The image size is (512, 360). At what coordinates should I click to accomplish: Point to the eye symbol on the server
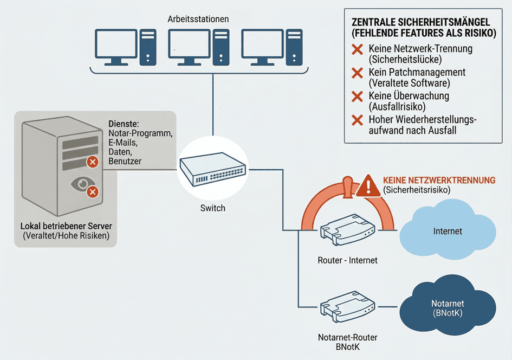81,184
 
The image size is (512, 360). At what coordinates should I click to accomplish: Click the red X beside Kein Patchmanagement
357,73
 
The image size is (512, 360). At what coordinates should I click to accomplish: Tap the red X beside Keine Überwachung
357,97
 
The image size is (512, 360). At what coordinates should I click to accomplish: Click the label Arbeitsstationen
198,19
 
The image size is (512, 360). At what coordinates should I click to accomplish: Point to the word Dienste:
124,124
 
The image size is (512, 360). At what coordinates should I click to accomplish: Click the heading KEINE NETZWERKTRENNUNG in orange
439,180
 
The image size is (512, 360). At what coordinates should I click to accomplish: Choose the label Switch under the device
212,208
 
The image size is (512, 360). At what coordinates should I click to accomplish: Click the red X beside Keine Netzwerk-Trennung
357,49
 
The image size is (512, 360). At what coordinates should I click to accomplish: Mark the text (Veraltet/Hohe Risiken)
65,236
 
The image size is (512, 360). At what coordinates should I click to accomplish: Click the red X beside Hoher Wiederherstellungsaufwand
357,120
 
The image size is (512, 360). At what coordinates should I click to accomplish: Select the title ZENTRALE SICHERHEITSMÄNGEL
420,22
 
